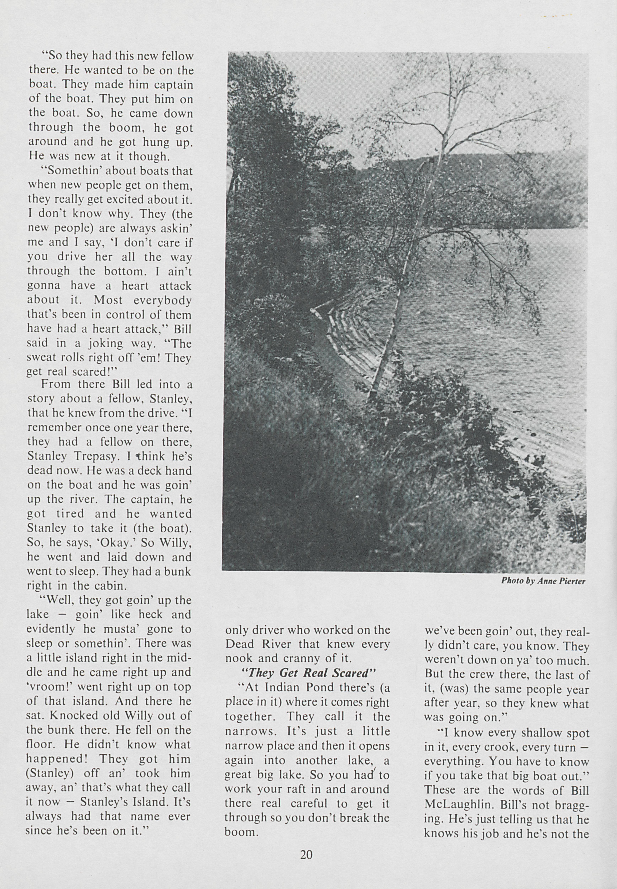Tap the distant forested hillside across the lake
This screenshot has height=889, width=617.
[x=522, y=186]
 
